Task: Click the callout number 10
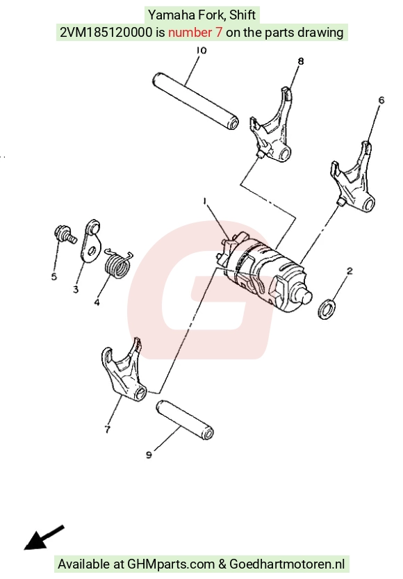pos(201,50)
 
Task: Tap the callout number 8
pos(301,61)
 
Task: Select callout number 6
pos(381,100)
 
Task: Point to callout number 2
pos(349,271)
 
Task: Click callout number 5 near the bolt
pos(54,277)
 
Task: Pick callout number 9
pos(149,455)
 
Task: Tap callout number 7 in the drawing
pos(108,430)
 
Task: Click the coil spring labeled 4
pos(117,263)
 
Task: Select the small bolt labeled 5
pos(65,234)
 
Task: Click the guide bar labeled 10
pos(195,101)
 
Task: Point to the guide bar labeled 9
pos(185,420)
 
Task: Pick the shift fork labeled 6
pos(352,178)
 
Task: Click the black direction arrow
pos(44,538)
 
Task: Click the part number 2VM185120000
pos(106,33)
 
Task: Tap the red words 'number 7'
pos(195,33)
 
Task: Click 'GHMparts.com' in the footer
pos(171,564)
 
